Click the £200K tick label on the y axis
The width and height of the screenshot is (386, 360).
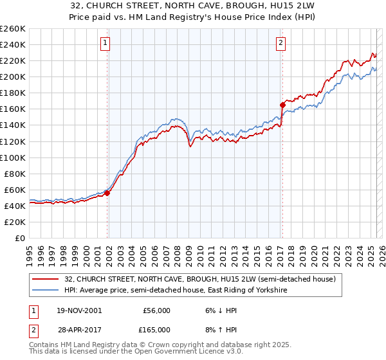pos(12,76)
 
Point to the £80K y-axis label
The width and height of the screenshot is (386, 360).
pos(14,174)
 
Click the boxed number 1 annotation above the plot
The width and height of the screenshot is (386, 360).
pos(105,44)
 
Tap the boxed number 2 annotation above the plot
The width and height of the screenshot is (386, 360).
pos(281,44)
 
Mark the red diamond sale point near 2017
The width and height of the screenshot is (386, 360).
pos(282,104)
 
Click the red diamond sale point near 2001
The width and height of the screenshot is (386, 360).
pos(107,192)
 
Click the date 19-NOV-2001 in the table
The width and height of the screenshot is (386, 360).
pos(78,310)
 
